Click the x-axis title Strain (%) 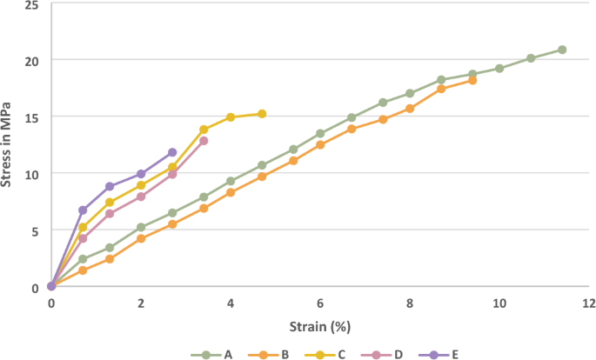tap(319, 328)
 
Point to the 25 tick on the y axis tap(32, 5)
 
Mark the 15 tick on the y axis tap(32, 117)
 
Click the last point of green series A tap(562, 50)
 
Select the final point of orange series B tap(472, 80)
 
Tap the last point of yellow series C tap(262, 114)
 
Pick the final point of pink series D tap(204, 141)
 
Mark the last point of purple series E tap(172, 152)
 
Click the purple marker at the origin tap(51, 285)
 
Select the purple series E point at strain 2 tap(141, 174)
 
